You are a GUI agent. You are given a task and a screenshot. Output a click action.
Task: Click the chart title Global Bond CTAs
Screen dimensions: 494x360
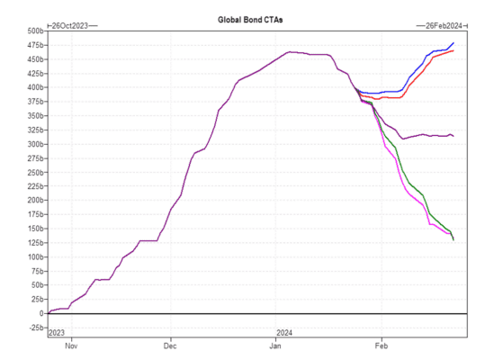[x=250, y=20]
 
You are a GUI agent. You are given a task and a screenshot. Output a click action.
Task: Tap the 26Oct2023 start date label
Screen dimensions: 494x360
[x=69, y=26]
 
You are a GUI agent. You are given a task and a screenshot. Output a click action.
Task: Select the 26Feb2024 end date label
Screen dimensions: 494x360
[x=444, y=26]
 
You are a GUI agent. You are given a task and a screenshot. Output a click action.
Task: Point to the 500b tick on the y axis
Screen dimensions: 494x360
[x=35, y=31]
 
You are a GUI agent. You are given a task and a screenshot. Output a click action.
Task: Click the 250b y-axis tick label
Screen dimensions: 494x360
[x=35, y=173]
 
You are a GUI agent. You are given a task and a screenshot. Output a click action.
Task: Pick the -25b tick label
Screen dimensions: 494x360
[x=36, y=328]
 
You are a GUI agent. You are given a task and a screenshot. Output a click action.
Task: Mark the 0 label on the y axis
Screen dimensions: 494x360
[x=41, y=314]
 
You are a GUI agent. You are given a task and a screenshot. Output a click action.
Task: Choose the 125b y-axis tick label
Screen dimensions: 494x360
[x=35, y=243]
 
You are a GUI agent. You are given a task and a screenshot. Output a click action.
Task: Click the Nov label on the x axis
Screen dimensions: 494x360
[x=71, y=346]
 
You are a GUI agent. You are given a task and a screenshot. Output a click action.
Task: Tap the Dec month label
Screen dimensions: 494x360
[x=170, y=346]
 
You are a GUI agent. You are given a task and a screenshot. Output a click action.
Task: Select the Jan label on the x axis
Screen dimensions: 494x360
[x=275, y=346]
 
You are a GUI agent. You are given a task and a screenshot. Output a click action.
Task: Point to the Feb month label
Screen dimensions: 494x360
[x=382, y=346]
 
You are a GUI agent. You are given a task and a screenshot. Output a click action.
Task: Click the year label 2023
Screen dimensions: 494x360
[x=57, y=333]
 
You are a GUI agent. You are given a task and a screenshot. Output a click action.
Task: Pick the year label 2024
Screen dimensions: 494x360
[x=284, y=333]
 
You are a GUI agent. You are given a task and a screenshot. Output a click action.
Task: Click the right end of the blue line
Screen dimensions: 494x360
[x=454, y=43]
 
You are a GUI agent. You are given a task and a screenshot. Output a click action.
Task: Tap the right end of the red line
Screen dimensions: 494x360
[x=454, y=50]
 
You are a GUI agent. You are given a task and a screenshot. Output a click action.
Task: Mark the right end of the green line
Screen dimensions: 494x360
[x=454, y=240]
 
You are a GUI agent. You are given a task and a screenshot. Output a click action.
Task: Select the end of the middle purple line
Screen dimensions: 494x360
[x=454, y=136]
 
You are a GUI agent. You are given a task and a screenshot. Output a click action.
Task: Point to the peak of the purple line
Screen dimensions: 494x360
[x=290, y=52]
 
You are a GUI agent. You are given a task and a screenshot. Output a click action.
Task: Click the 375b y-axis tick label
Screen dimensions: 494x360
[x=35, y=102]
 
